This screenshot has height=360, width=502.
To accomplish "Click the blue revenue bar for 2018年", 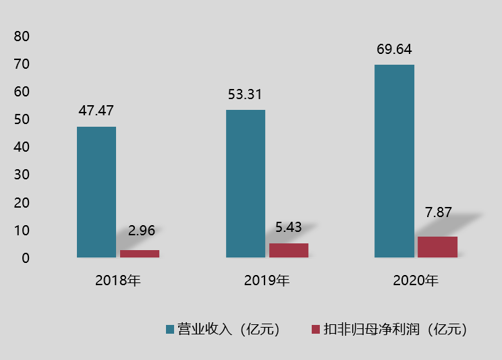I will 96,192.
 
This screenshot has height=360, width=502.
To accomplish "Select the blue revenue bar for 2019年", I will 246,183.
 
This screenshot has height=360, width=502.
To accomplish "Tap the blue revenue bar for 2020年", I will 394,161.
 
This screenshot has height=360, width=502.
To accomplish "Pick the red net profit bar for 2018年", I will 140,253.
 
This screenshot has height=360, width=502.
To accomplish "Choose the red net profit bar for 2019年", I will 289,250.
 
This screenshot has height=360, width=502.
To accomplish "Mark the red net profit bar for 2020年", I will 437,247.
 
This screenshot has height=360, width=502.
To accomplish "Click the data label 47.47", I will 96,111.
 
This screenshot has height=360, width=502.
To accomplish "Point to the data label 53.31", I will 245,94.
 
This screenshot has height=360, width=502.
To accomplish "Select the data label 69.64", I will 394,49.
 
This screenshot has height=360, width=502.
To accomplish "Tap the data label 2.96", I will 142,231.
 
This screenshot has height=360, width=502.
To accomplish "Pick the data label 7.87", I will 439,212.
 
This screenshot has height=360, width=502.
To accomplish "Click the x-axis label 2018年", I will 117,280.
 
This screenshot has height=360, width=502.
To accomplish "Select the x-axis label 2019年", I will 267,280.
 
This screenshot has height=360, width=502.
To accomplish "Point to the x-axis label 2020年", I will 415,280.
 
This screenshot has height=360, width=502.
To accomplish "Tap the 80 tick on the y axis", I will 22,36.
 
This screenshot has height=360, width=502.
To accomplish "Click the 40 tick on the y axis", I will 22,147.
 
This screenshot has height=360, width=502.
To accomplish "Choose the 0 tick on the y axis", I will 25,258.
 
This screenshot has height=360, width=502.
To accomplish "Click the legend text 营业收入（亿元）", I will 228,330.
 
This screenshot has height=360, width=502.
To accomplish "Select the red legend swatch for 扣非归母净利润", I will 315,330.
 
